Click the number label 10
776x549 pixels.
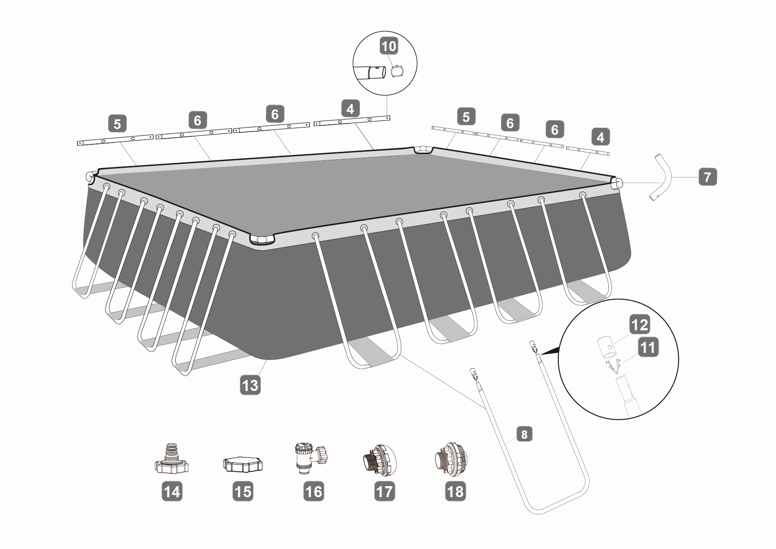tap(389, 46)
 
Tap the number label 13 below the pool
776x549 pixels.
tap(250, 385)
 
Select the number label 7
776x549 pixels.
tap(707, 177)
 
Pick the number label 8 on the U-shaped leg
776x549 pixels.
tap(524, 434)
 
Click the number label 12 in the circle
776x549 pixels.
tap(639, 325)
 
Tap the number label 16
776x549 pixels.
tap(314, 491)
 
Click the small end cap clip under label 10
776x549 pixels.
tap(397, 71)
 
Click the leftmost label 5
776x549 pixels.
tap(117, 124)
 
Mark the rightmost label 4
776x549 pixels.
tap(600, 137)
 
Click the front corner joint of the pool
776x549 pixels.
tap(262, 240)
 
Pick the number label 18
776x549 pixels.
tap(455, 491)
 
